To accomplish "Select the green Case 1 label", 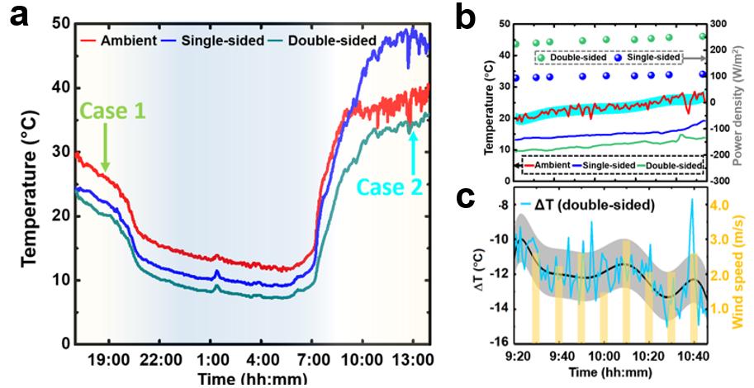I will pos(112,111).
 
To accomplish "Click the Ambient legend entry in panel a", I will pos(124,40).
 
